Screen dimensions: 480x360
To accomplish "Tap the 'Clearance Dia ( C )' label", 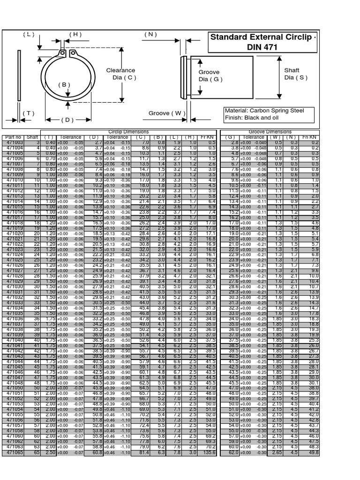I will pyautogui.click(x=120, y=74).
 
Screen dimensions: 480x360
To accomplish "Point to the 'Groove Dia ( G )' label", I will pyautogui.click(x=209, y=76).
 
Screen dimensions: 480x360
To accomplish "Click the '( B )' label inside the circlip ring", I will pyautogui.click(x=64, y=85).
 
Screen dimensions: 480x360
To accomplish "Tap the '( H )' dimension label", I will pyautogui.click(x=75, y=34).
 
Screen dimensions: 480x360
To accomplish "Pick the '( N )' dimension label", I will pyautogui.click(x=150, y=34).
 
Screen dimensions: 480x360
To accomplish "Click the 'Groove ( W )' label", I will pyautogui.click(x=167, y=113).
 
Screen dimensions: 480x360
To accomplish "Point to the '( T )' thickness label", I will pyautogui.click(x=29, y=113).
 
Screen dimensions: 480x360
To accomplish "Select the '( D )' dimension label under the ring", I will pyautogui.click(x=67, y=120).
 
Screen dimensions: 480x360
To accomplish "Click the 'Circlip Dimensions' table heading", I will pyautogui.click(x=128, y=132).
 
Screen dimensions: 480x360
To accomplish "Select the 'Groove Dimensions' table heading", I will pyautogui.click(x=270, y=132).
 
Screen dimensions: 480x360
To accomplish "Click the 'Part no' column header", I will pyautogui.click(x=13, y=137).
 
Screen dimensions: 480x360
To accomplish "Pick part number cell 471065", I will pyautogui.click(x=14, y=453).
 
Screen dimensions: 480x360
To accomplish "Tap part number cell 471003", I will pyautogui.click(x=14, y=142).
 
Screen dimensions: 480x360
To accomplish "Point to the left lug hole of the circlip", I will pyautogui.click(x=62, y=53).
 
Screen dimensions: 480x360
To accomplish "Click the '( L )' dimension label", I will pyautogui.click(x=29, y=34).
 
